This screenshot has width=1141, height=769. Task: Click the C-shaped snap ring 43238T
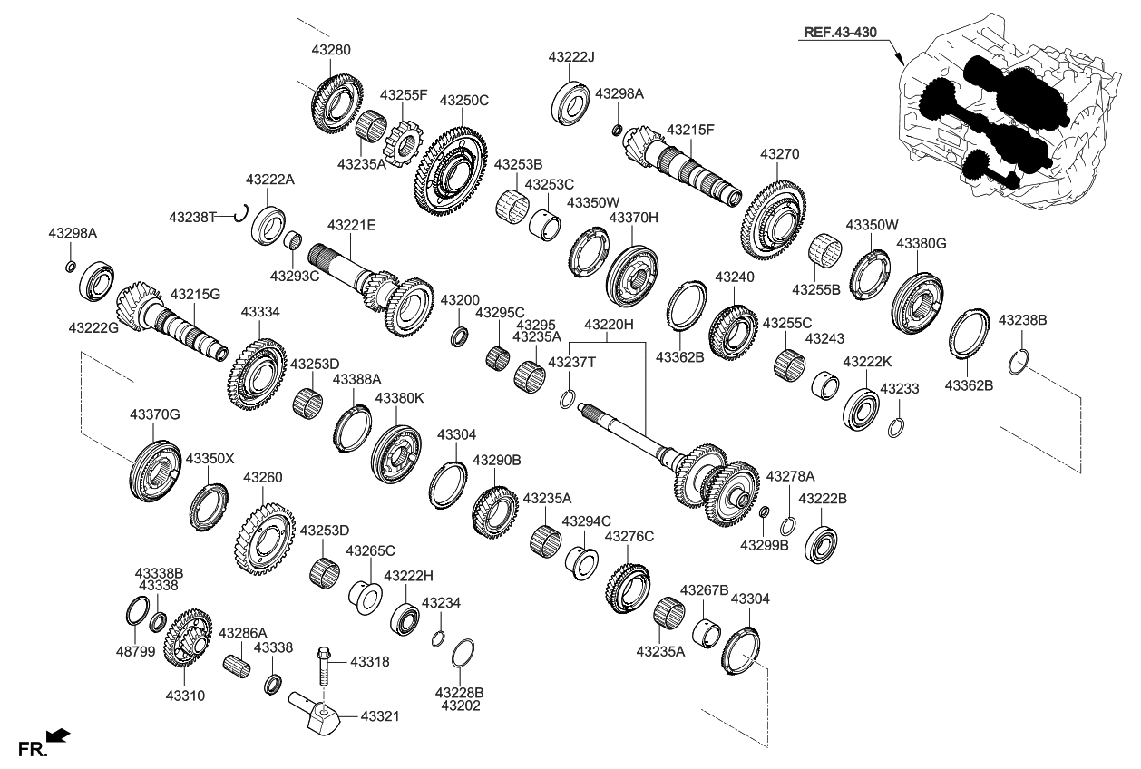pyautogui.click(x=240, y=214)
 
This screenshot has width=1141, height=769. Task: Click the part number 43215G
pyautogui.click(x=195, y=295)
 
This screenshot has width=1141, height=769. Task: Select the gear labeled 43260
pyautogui.click(x=264, y=540)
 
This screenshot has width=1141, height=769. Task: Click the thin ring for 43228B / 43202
pyautogui.click(x=463, y=653)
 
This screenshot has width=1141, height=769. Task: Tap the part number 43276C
pyautogui.click(x=629, y=537)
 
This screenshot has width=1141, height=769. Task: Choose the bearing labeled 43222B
pyautogui.click(x=820, y=540)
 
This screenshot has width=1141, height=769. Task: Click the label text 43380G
pyautogui.click(x=921, y=244)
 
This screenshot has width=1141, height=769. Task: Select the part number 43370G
pyautogui.click(x=154, y=414)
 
